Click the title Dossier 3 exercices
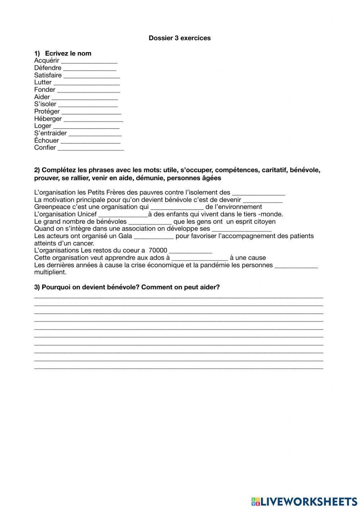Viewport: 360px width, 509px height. pos(180,38)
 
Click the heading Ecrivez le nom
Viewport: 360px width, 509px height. pos(68,53)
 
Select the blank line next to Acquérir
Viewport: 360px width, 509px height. pos(89,61)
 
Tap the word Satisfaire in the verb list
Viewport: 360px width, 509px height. pos(48,75)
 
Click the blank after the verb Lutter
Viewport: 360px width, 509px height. pos(86,83)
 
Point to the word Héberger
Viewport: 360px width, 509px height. pos(48,119)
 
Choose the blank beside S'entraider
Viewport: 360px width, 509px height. pos(95,134)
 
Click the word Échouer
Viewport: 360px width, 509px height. pos(46,140)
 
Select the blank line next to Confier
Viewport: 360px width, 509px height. pos(90,148)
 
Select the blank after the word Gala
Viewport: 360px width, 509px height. pos(154,237)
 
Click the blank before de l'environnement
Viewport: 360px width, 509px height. pos(177,207)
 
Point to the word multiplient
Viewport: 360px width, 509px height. pos(50,272)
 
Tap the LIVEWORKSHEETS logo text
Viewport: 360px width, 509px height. pos(309,501)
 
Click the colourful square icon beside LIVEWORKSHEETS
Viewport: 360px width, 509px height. pos(255,501)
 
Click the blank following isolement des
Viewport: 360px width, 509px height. pos(258,193)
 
